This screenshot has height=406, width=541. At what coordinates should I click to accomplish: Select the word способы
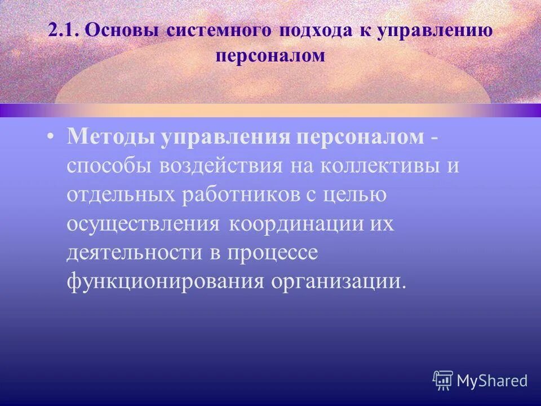(110, 167)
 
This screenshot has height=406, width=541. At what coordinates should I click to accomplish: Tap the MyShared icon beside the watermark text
(443, 381)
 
